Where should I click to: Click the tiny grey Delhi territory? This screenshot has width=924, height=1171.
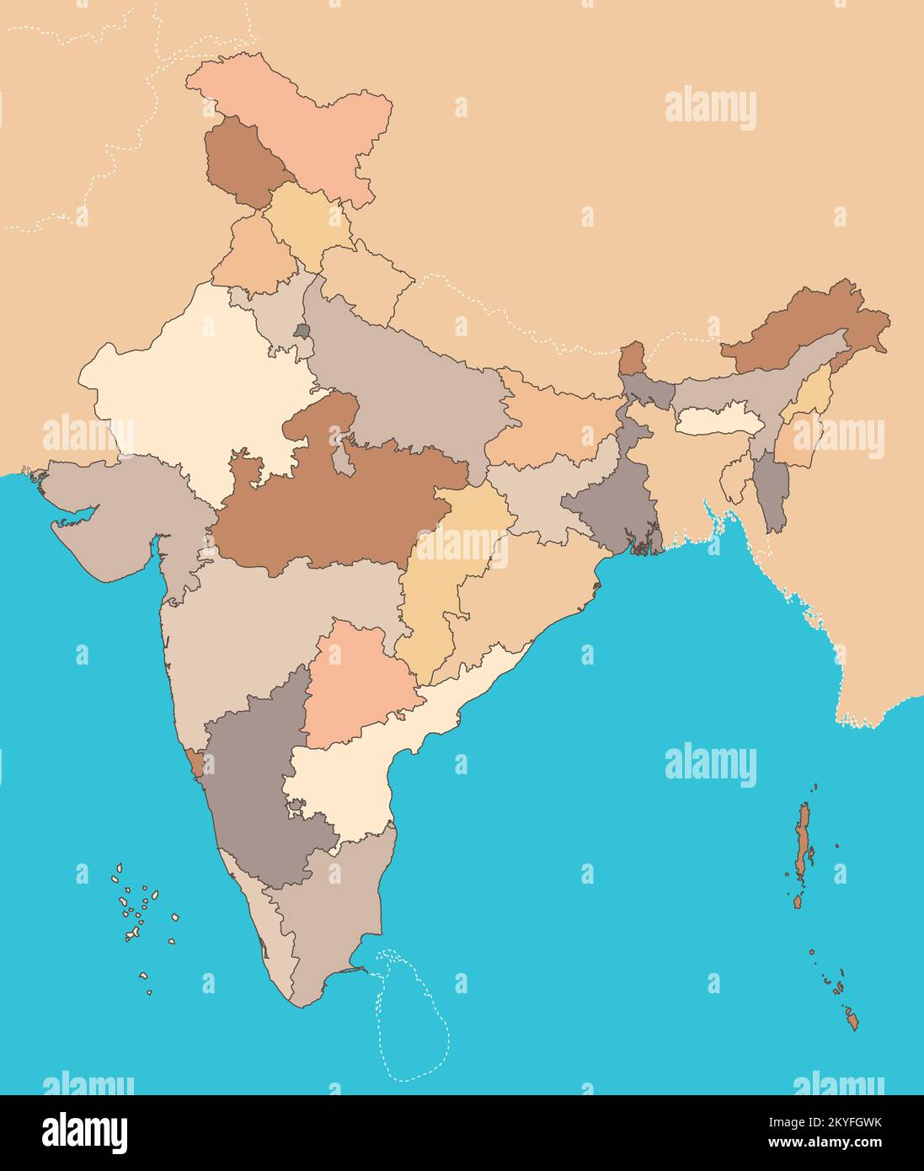click(x=302, y=331)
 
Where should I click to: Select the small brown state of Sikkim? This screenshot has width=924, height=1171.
click(x=632, y=359)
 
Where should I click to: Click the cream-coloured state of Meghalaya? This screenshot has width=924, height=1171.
click(x=713, y=420)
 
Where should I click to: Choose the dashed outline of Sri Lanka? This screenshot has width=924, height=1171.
click(x=413, y=1019)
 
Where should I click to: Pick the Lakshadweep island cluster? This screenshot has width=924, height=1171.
click(x=139, y=910)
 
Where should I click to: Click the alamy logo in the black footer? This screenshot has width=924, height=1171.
click(x=84, y=1131)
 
